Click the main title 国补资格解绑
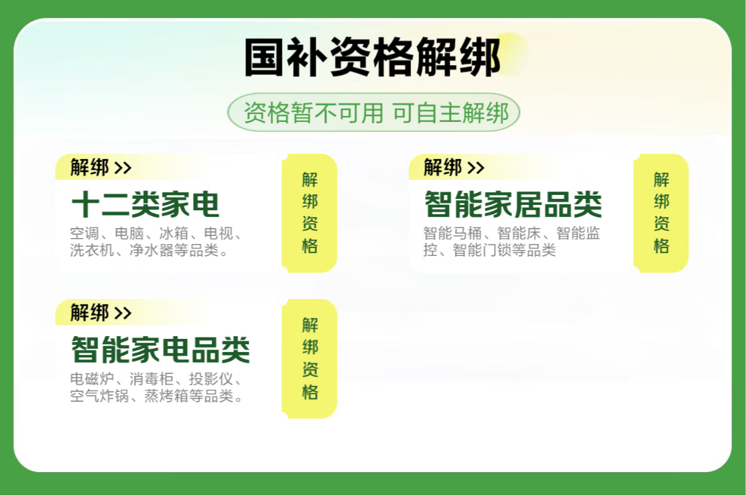pyautogui.click(x=373, y=57)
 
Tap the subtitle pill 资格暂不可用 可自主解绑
pyautogui.click(x=374, y=113)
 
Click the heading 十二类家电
pyautogui.click(x=145, y=204)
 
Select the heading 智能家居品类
pyautogui.click(x=513, y=204)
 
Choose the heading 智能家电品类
pyautogui.click(x=160, y=350)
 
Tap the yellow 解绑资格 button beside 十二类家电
pyautogui.click(x=310, y=213)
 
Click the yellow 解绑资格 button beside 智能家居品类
pyautogui.click(x=661, y=213)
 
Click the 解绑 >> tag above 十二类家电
pyautogui.click(x=101, y=167)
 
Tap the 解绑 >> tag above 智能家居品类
pyautogui.click(x=454, y=167)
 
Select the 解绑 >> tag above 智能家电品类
pyautogui.click(x=101, y=313)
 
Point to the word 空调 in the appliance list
pyautogui.click(x=85, y=233)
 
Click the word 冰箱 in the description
pyautogui.click(x=174, y=233)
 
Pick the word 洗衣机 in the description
pyautogui.click(x=92, y=250)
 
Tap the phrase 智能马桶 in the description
pyautogui.click(x=453, y=233)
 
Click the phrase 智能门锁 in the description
pyautogui.click(x=483, y=250)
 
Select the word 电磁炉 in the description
pyautogui.click(x=92, y=379)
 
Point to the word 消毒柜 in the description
pyautogui.click(x=152, y=379)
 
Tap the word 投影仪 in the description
pyautogui.click(x=212, y=379)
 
